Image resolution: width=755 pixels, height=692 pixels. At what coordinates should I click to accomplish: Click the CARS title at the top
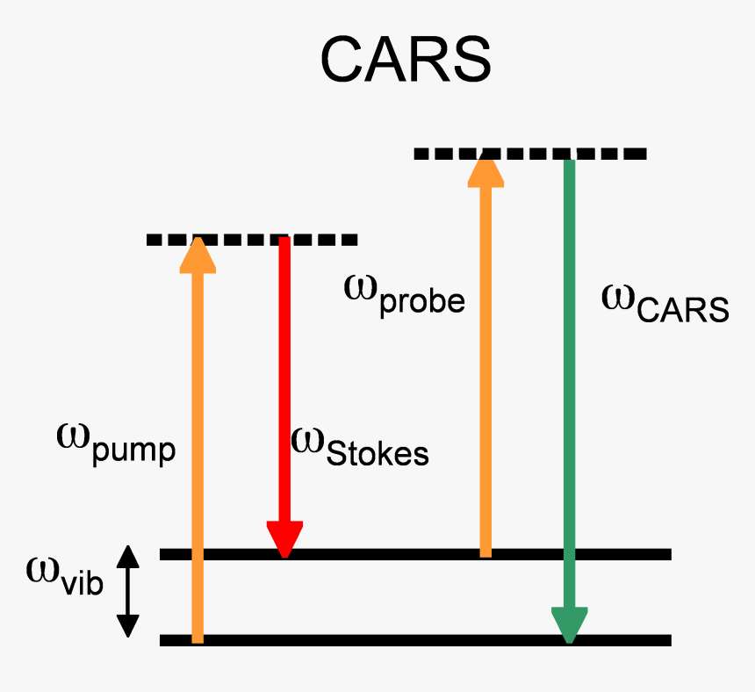point(405,59)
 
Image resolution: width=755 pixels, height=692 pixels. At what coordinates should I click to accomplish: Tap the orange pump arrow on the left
point(198,439)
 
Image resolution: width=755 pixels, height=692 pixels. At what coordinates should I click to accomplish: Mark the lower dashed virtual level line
point(253,239)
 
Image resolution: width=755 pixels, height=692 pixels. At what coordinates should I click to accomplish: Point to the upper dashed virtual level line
point(530,154)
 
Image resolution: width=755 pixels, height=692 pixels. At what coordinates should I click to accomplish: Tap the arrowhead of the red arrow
point(284,538)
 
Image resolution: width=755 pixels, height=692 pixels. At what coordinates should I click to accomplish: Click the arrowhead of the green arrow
point(569,624)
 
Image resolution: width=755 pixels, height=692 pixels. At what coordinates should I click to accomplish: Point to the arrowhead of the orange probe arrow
point(485,169)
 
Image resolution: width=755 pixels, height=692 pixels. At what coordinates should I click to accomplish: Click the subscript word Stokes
point(377,453)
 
